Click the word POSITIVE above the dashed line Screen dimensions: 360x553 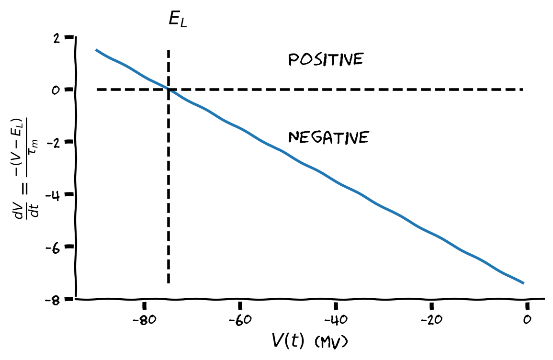coord(326,60)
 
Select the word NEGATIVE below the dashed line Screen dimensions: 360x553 coord(328,137)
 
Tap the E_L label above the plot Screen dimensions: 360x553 coord(178,20)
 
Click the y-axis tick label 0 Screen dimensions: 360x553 coord(56,90)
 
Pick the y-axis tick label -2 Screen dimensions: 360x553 coord(53,143)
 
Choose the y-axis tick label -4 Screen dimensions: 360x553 coord(53,195)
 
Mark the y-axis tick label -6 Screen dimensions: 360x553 coord(53,247)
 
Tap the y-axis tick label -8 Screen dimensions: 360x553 coord(53,300)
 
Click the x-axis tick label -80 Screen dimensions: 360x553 coord(144,320)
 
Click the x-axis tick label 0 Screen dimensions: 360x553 coord(526,320)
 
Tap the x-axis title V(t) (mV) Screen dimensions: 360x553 coord(309,341)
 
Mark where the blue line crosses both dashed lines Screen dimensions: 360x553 coord(169,89)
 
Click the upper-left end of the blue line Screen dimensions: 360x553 coord(96,50)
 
